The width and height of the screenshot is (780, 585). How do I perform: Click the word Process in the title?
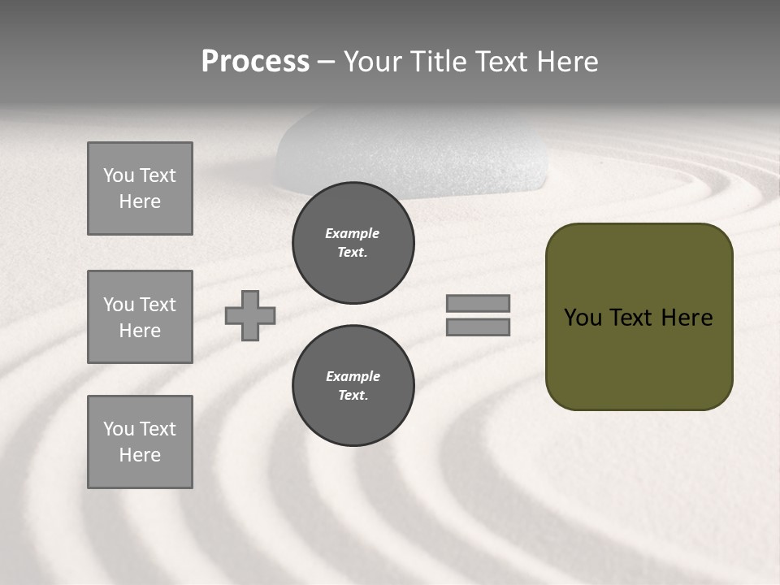pos(255,62)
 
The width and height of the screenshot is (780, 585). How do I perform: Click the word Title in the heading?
pos(437,62)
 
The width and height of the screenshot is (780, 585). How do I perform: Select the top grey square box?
pos(140,188)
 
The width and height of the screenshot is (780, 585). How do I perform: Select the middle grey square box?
pos(140,317)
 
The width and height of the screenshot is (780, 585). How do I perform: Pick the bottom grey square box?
pos(140,442)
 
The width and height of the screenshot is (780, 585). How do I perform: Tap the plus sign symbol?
pos(250,315)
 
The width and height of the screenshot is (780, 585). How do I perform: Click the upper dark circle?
pos(353,243)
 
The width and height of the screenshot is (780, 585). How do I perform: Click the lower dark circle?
pos(353,386)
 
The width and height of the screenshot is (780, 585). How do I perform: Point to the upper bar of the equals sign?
pos(478,303)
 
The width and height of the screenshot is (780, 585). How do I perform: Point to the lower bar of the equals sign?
pos(478,327)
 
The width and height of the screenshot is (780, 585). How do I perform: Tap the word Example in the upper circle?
pos(353,233)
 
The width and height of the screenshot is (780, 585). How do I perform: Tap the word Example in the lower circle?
pos(353,376)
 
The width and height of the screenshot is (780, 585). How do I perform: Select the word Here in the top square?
pos(140,201)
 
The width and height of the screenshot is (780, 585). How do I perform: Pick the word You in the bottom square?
pos(119,429)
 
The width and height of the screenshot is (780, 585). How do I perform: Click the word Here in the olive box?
pos(687,317)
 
